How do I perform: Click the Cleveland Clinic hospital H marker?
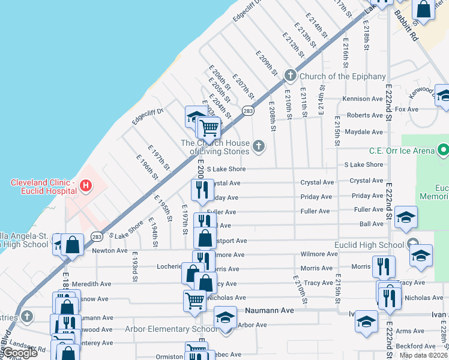pos(86,186)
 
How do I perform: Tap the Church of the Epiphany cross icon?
pos(291,76)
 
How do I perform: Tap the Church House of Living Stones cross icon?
pos(259,146)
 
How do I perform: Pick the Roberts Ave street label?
pos(366,115)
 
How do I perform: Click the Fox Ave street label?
pos(406,109)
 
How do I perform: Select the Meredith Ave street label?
pos(91,284)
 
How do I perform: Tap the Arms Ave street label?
pos(410,331)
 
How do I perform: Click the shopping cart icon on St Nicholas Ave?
pos(194,301)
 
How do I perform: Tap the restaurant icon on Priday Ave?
pos(200,190)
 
